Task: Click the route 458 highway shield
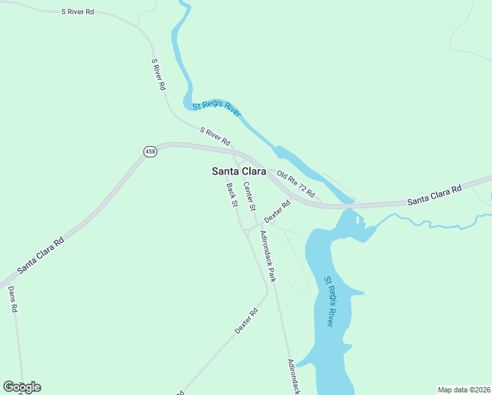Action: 150,152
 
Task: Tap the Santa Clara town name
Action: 238,171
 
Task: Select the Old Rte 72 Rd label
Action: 296,185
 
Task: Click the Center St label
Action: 249,196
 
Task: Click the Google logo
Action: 22,387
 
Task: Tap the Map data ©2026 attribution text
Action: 463,389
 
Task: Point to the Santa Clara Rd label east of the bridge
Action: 435,194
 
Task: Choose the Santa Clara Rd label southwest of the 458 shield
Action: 40,255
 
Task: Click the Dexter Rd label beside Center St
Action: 277,211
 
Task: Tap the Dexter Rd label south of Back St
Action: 245,320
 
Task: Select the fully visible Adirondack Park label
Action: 268,256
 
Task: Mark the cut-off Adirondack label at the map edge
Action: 293,376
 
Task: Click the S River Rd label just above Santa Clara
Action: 215,137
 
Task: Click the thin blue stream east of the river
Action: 434,223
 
